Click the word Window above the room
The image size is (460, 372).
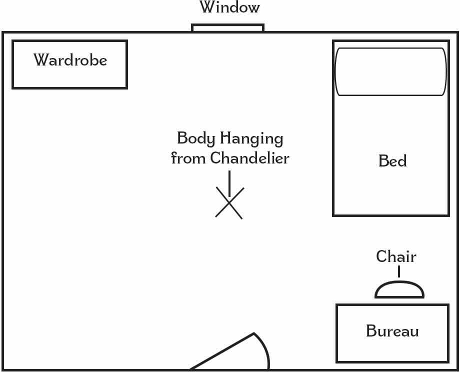230,8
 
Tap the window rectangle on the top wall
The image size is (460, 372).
227,28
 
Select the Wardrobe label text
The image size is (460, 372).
70,60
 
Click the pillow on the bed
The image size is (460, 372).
390,71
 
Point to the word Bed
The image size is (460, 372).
392,161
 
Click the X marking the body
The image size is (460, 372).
229,203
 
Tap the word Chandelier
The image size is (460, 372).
249,158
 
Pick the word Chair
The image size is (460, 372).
396,256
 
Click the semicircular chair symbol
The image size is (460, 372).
399,290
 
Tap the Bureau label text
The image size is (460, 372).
392,331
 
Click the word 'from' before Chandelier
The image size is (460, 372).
188,158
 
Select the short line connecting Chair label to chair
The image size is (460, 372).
399,271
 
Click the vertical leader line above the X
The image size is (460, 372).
229,182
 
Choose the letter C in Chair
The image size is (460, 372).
381,256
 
